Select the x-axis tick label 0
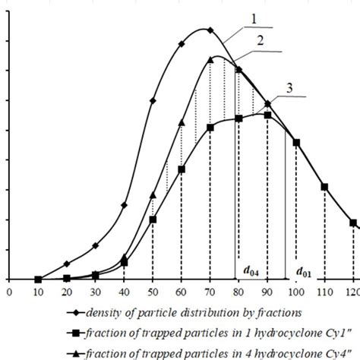coord(9,291)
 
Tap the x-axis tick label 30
coord(95,291)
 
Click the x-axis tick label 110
coord(324,291)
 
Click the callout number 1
coord(257,16)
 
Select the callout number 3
coord(289,88)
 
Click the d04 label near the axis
coord(251,270)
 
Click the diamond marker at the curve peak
coord(210,31)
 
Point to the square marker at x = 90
coord(267,115)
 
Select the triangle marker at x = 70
coord(210,58)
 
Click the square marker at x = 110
coord(324,187)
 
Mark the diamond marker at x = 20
coord(67,264)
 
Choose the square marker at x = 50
coord(153,219)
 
